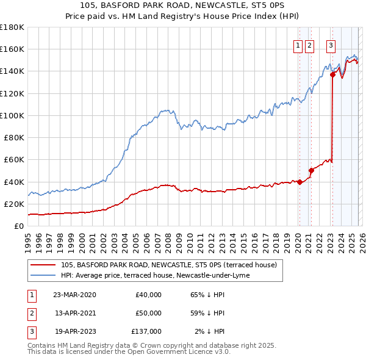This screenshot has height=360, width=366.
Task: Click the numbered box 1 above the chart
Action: [x=298, y=45]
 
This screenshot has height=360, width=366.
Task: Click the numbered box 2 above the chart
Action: [x=309, y=45]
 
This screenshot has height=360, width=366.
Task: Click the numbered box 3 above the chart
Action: [x=331, y=45]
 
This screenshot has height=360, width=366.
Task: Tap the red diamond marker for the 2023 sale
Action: [x=333, y=74]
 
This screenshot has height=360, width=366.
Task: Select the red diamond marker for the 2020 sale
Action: [x=300, y=181]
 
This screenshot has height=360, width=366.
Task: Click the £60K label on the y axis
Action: [x=13, y=159]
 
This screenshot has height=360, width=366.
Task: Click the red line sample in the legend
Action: [x=43, y=265]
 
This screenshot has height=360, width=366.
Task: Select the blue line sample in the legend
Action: [x=43, y=276]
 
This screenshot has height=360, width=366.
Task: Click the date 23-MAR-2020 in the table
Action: [x=74, y=295]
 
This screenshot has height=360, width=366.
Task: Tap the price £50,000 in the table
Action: [x=148, y=313]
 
